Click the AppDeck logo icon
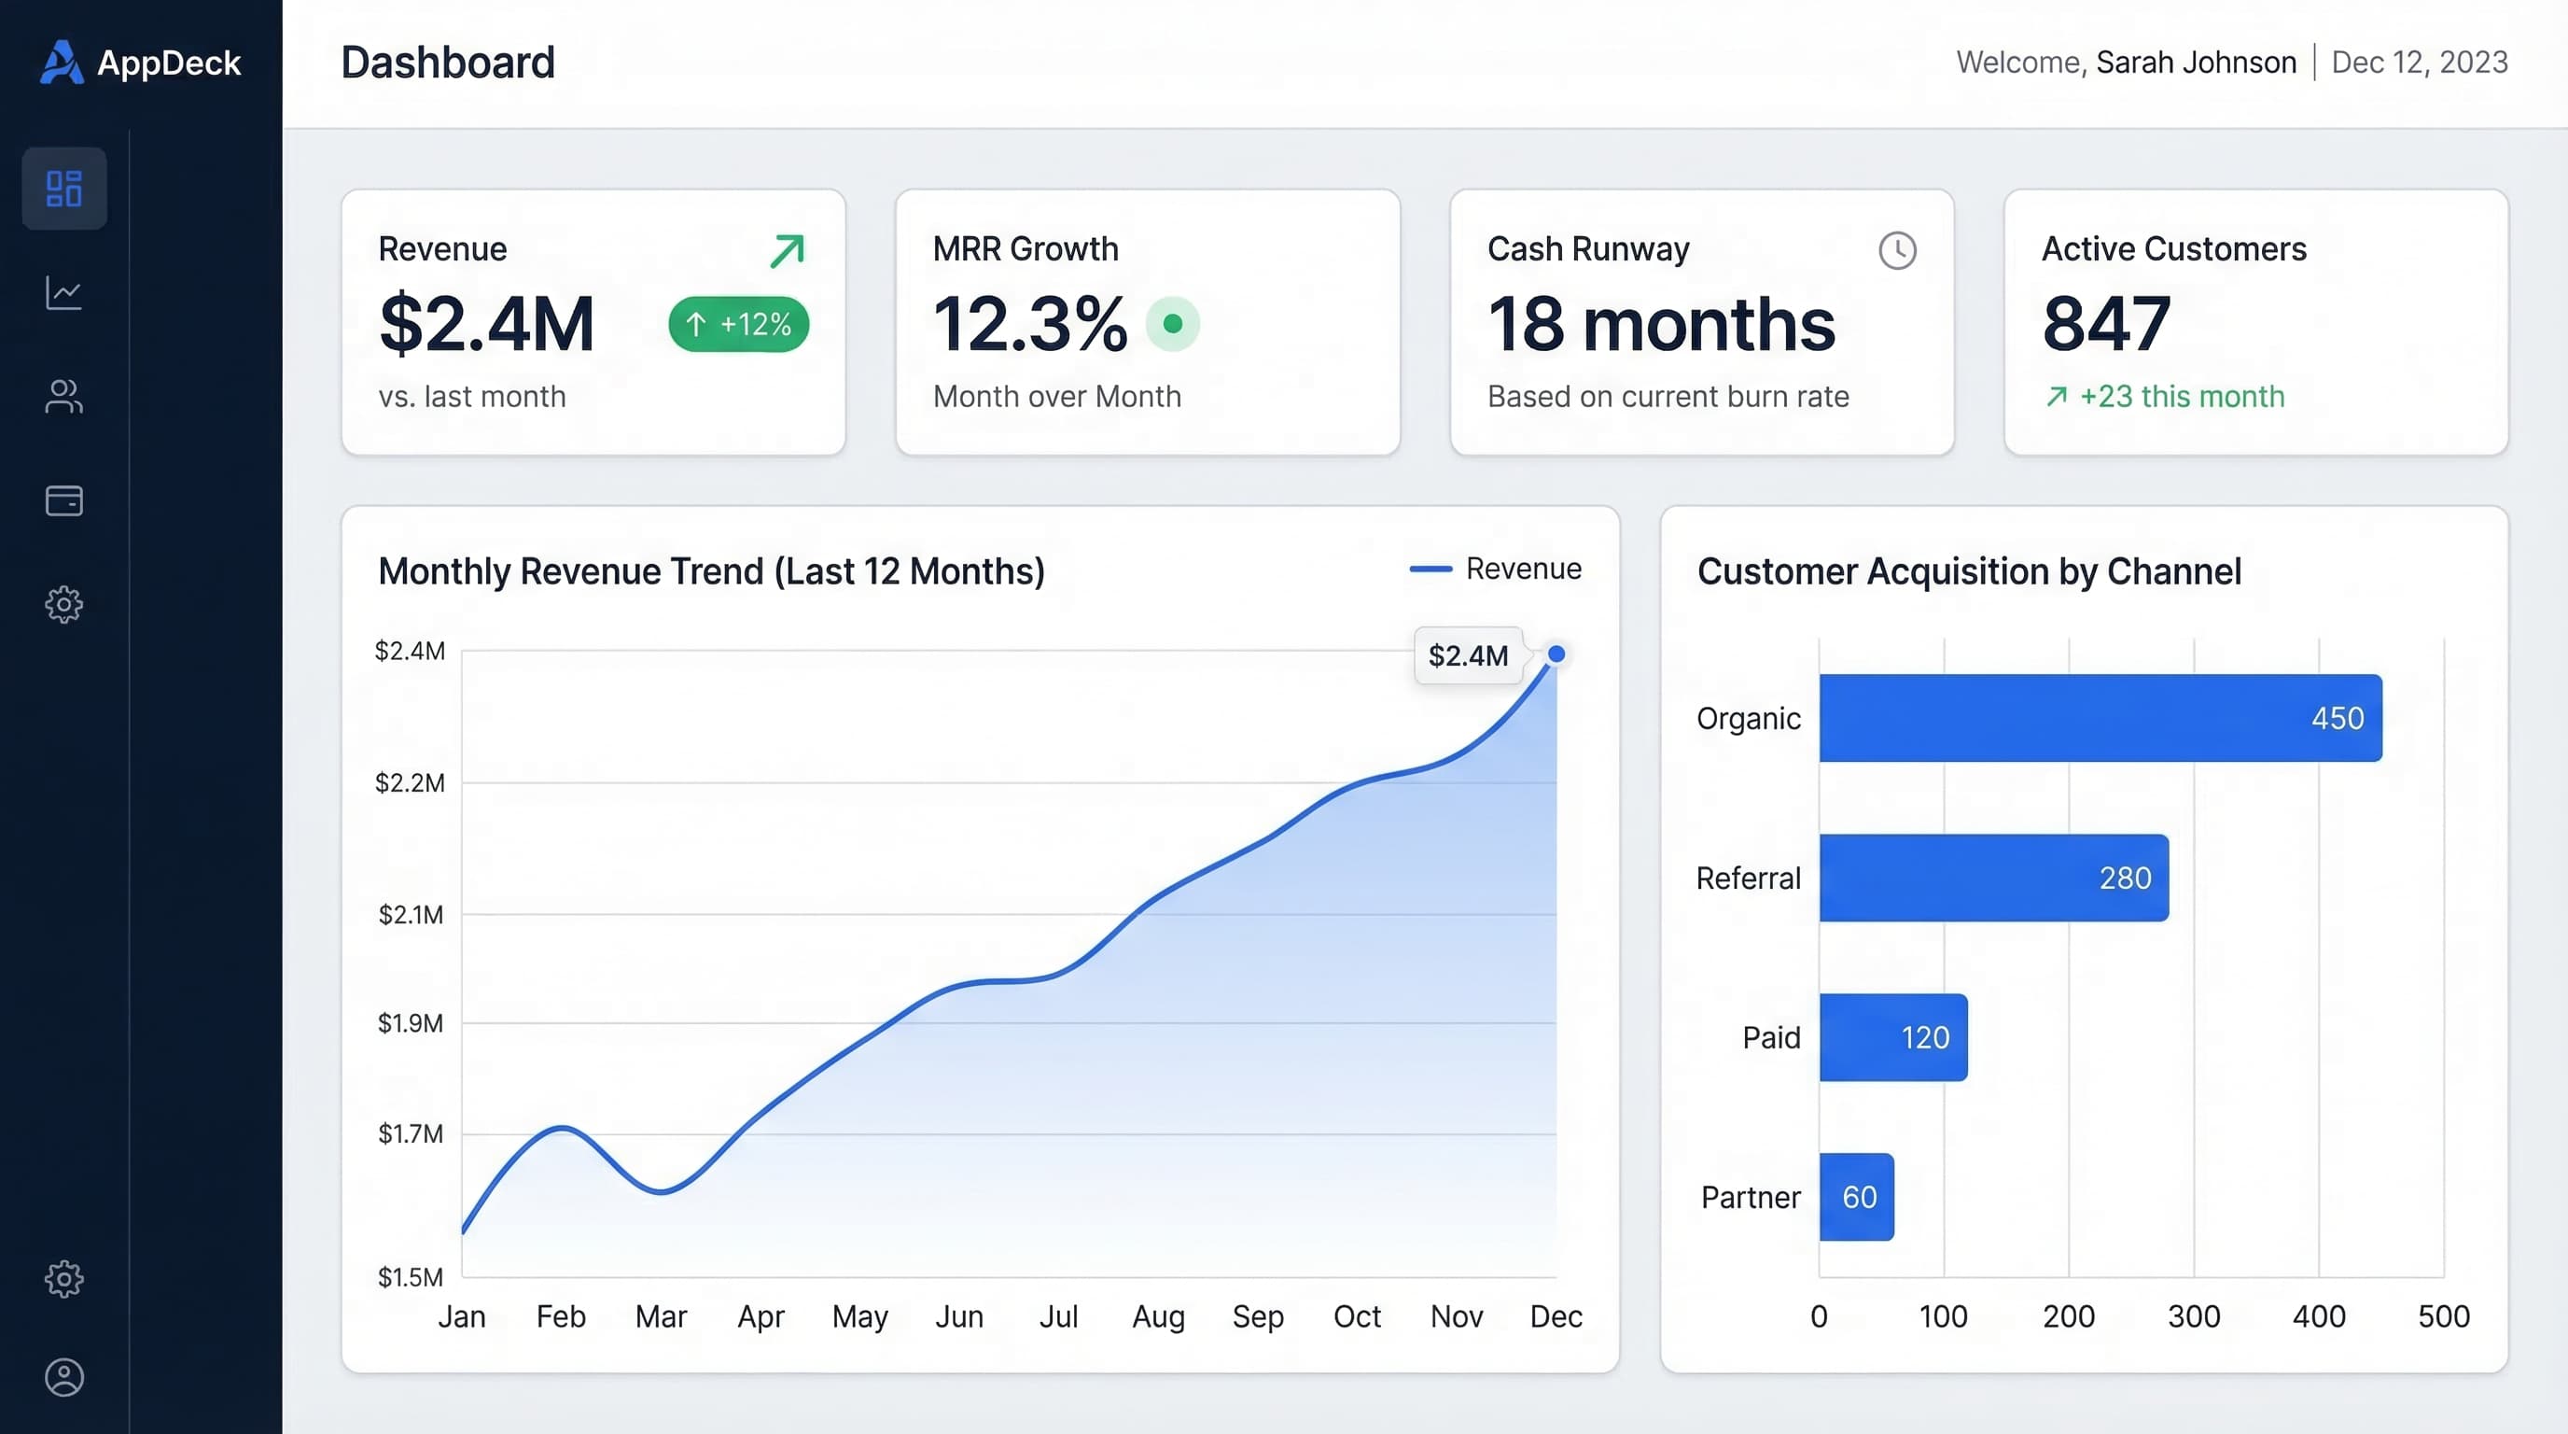pyautogui.click(x=61, y=62)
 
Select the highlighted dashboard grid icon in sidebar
pyautogui.click(x=63, y=189)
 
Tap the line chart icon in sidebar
pyautogui.click(x=63, y=293)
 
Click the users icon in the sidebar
pyautogui.click(x=63, y=396)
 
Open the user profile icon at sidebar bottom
pyautogui.click(x=63, y=1377)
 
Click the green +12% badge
pyautogui.click(x=738, y=324)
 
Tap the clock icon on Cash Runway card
pyautogui.click(x=1897, y=250)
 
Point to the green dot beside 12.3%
pyautogui.click(x=1172, y=324)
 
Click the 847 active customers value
pyautogui.click(x=2105, y=324)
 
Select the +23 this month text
pyautogui.click(x=2181, y=397)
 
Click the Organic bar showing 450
pyautogui.click(x=2100, y=718)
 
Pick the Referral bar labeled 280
pyautogui.click(x=1993, y=878)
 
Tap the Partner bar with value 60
pyautogui.click(x=1855, y=1197)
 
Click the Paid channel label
pyautogui.click(x=1770, y=1037)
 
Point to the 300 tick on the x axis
pyautogui.click(x=2193, y=1316)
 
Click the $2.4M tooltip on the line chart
pyautogui.click(x=1468, y=655)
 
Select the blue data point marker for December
pyautogui.click(x=1556, y=654)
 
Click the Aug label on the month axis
pyautogui.click(x=1157, y=1316)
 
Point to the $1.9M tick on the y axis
pyautogui.click(x=410, y=1023)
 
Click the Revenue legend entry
pyautogui.click(x=1495, y=569)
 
